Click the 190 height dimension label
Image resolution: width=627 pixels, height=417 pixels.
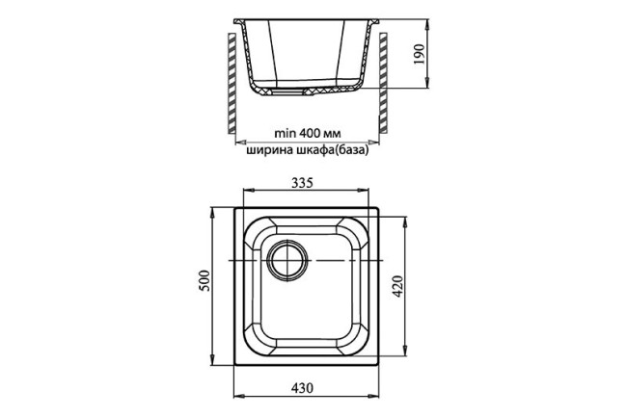click(x=419, y=55)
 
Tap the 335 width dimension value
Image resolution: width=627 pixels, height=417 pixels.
click(x=302, y=183)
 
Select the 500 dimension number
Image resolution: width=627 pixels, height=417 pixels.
click(x=204, y=280)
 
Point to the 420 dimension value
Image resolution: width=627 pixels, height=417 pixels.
click(x=398, y=287)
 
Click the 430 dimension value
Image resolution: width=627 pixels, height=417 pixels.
click(x=302, y=387)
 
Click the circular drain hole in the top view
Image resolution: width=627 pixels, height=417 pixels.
click(x=287, y=260)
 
